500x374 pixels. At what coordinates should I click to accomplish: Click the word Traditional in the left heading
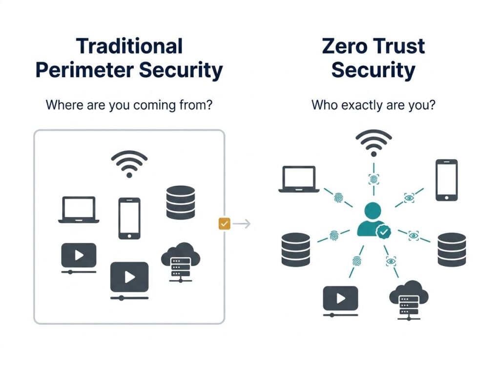coord(129,46)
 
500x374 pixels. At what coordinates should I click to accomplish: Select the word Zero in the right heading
coord(346,46)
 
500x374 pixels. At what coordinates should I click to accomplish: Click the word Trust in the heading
coord(398,46)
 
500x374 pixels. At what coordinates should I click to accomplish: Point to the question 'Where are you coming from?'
coord(129,105)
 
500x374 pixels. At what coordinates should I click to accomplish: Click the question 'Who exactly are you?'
coord(373,105)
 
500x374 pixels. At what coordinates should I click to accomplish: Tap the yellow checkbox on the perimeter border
coord(224,224)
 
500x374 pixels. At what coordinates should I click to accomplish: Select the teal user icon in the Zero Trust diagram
coord(372,220)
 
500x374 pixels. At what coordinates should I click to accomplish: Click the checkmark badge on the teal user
coord(385,231)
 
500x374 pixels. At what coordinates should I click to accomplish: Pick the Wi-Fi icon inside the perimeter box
coord(129,163)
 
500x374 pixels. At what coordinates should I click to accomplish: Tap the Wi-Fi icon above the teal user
coord(374,142)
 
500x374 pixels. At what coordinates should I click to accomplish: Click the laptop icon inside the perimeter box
coord(79,210)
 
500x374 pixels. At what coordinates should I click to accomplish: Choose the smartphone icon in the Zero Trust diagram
coord(446,179)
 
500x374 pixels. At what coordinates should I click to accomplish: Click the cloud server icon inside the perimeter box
coord(180,260)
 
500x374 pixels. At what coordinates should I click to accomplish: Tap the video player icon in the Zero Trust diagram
coord(340,299)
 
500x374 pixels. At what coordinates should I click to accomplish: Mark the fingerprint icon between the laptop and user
coord(338,198)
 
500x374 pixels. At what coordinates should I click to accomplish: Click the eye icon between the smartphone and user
coord(409,198)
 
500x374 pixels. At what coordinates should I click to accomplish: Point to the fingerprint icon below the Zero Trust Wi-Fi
coord(374,179)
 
